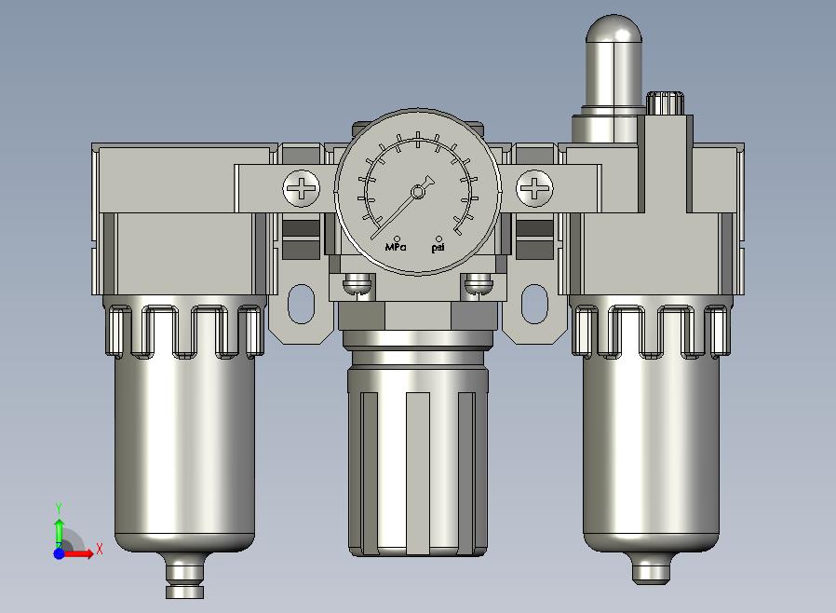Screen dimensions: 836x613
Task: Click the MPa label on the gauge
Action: (x=396, y=247)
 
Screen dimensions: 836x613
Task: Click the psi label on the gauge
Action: (x=438, y=248)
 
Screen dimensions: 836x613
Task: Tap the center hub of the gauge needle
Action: (x=418, y=192)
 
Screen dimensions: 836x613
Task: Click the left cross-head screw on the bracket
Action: (x=302, y=188)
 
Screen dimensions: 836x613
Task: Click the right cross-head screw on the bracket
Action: (x=534, y=188)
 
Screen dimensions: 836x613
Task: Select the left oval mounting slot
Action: (x=302, y=304)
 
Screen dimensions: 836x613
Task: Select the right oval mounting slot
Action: (x=534, y=304)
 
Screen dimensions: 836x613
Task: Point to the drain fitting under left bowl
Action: (x=184, y=575)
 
